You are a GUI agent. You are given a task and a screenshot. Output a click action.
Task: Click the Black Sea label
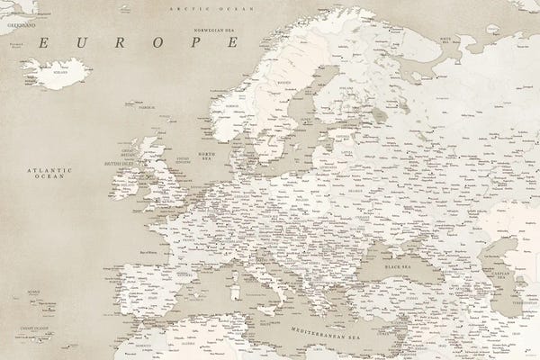tap(398, 268)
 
